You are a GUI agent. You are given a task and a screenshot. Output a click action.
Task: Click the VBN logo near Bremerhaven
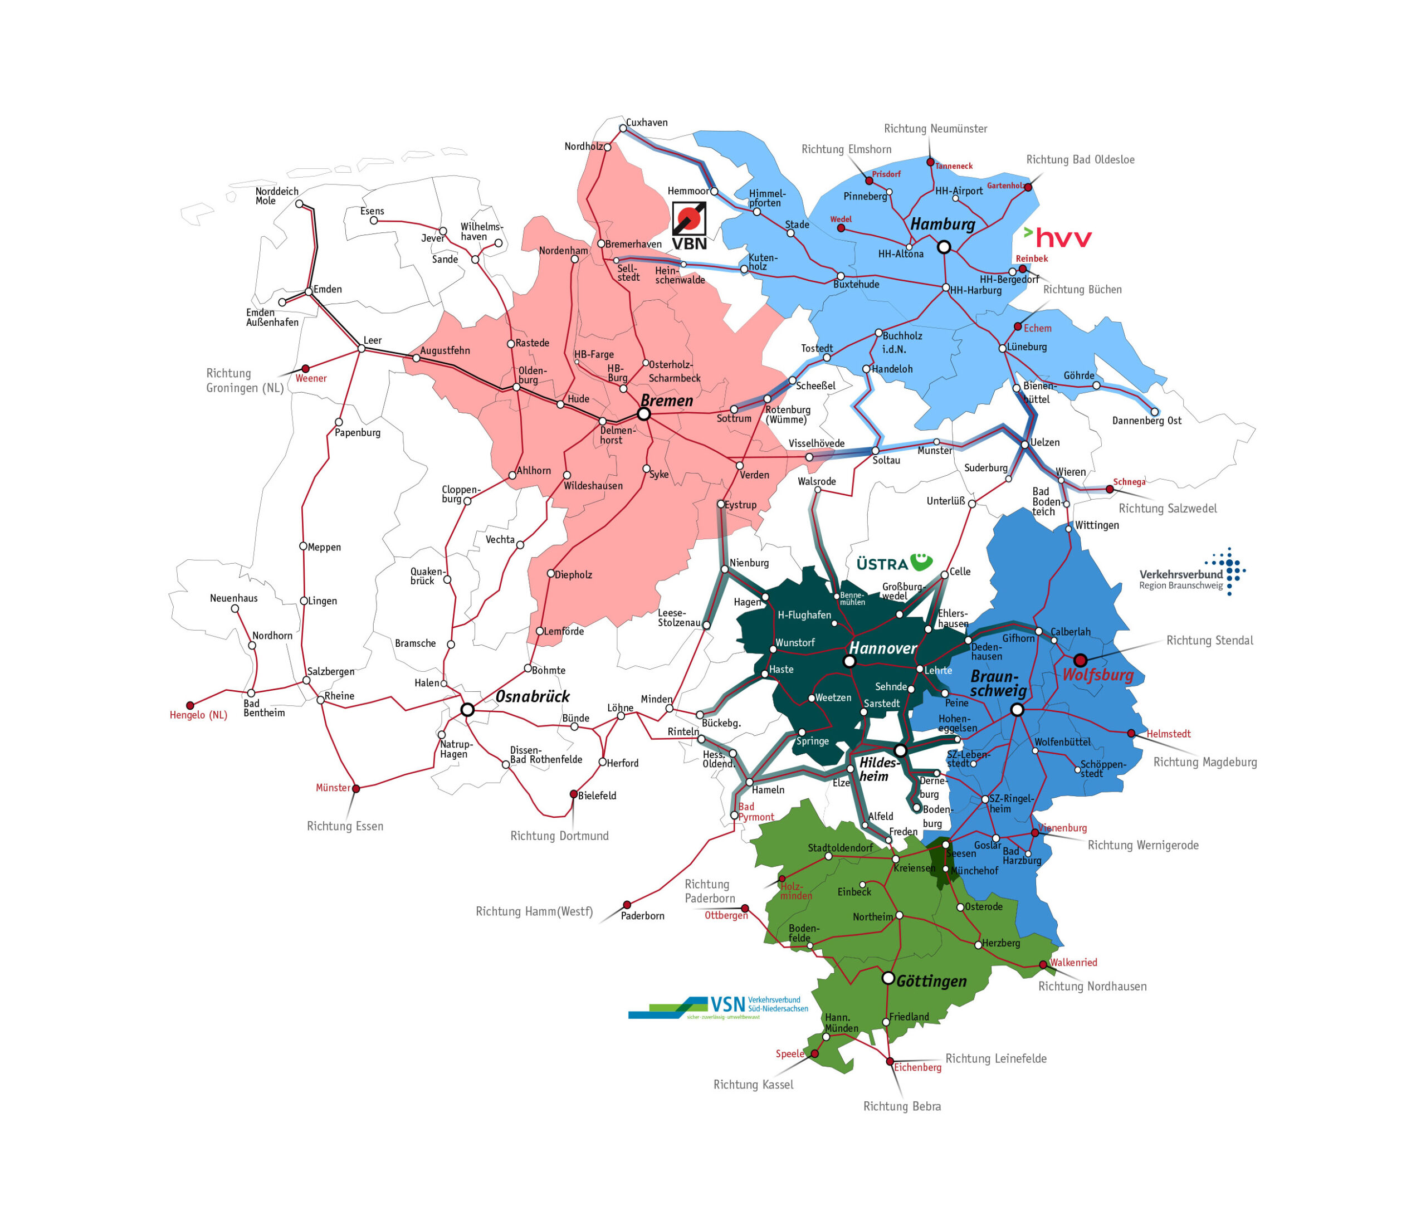point(689,226)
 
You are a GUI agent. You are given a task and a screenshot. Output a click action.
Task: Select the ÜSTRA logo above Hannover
point(894,563)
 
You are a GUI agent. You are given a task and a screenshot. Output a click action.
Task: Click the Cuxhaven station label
point(646,123)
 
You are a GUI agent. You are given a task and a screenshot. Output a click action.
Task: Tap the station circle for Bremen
point(643,414)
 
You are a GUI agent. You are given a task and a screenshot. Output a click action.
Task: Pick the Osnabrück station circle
point(467,709)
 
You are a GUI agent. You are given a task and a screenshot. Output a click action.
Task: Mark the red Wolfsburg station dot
point(1080,660)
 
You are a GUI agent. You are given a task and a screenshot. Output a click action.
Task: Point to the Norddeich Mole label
point(277,196)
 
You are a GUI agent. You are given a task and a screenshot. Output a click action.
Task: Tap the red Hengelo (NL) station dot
point(191,705)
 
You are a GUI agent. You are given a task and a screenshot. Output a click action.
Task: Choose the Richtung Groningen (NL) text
point(245,380)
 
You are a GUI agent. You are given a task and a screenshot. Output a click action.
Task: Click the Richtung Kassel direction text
point(753,1085)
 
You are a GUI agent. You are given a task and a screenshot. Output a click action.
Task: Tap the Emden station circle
point(309,292)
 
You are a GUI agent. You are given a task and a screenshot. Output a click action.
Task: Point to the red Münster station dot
point(356,789)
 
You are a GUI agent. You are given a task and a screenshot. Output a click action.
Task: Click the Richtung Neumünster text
point(935,129)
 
